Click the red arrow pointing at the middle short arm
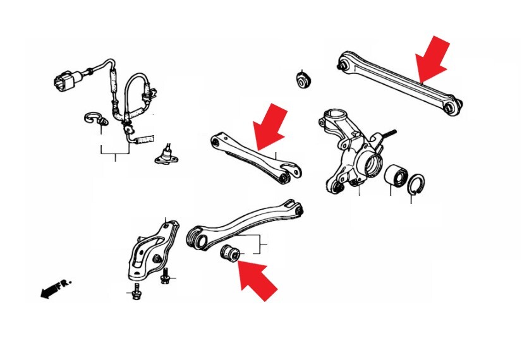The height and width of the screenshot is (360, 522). [x=270, y=127]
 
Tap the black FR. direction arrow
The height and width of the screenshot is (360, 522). [x=49, y=292]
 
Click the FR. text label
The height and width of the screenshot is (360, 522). [x=64, y=284]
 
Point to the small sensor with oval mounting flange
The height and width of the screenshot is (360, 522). [x=166, y=155]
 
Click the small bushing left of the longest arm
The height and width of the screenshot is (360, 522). [x=303, y=80]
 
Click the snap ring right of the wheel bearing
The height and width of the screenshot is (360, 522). [x=416, y=183]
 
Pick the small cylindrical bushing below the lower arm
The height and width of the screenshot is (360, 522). [x=230, y=253]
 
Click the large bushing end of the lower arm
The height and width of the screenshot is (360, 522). [x=197, y=238]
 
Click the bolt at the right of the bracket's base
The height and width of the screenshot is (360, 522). [x=165, y=276]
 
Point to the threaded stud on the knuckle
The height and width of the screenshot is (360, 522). [x=388, y=134]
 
